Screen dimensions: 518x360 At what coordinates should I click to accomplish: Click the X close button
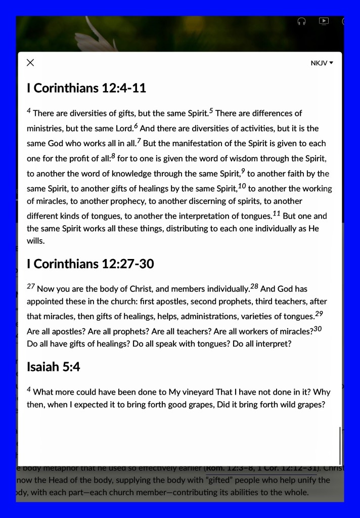tap(30, 63)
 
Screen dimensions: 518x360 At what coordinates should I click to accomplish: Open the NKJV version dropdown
tap(322, 63)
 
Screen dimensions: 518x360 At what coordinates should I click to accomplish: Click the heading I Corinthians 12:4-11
tap(86, 88)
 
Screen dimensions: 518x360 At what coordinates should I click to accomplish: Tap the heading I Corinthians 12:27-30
tap(90, 264)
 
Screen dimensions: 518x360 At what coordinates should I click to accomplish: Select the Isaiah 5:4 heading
tap(53, 367)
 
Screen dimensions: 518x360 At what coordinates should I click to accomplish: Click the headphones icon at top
tap(302, 21)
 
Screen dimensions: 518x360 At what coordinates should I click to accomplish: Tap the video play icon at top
tap(324, 21)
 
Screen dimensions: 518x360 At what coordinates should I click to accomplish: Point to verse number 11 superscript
tap(276, 213)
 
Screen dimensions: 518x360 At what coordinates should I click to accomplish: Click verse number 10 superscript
tap(242, 186)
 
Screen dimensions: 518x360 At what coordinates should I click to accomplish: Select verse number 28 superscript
tap(254, 287)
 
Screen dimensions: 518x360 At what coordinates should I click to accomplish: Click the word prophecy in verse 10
tap(128, 201)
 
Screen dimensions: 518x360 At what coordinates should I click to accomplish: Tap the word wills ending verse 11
tap(35, 241)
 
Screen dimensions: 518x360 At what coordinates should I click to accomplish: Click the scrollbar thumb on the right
tap(340, 445)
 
